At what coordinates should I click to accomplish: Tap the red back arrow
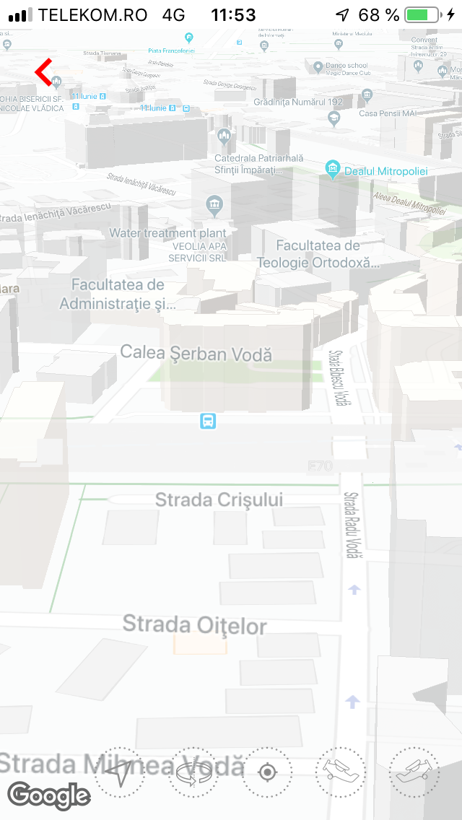(43, 73)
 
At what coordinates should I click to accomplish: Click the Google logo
(49, 795)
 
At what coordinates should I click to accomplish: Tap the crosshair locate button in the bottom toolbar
(267, 772)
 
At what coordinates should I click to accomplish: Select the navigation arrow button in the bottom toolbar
(120, 772)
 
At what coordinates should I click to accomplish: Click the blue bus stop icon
(208, 420)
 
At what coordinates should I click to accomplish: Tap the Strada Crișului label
(219, 500)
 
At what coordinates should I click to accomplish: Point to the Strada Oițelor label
(195, 625)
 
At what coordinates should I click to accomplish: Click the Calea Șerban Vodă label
(196, 354)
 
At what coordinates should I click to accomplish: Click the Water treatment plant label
(167, 233)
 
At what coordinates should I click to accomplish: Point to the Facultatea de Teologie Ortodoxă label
(318, 254)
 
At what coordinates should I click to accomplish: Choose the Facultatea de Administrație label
(118, 295)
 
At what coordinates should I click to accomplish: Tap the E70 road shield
(320, 466)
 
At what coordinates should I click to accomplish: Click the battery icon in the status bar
(422, 14)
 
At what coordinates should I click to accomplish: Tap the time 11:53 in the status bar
(233, 14)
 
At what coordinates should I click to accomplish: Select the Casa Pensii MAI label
(388, 113)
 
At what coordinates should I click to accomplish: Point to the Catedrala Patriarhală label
(258, 164)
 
